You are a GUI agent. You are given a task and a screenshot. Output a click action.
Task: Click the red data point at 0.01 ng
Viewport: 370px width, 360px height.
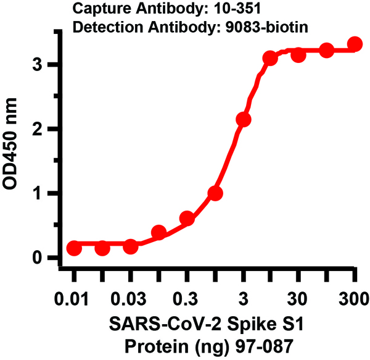tap(74, 248)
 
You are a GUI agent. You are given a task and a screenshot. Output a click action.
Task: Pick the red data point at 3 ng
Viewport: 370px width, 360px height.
tap(243, 119)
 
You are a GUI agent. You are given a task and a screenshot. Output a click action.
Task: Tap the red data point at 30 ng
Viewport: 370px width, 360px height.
tap(298, 55)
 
